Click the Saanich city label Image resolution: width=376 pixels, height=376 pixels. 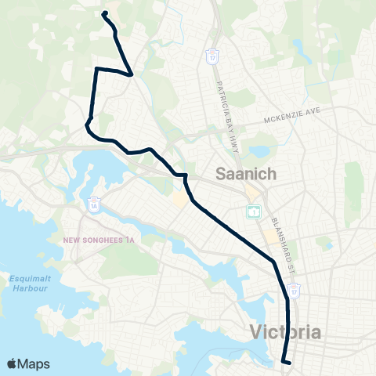[x=244, y=175]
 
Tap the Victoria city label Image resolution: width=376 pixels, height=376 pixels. [x=286, y=332]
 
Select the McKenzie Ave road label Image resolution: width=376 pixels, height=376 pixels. [x=291, y=115]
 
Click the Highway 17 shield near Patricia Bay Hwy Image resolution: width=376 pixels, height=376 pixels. [x=212, y=56]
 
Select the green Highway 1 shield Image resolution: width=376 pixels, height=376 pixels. [x=254, y=211]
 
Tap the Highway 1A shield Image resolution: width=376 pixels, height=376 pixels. [x=93, y=203]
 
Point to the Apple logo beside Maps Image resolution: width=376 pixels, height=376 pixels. [x=13, y=363]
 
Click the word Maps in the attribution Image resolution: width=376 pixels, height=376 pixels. [x=33, y=363]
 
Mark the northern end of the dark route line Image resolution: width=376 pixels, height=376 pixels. [x=104, y=13]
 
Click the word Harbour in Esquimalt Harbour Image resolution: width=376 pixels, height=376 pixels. [x=29, y=289]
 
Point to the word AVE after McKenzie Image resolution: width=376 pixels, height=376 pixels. [x=313, y=112]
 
